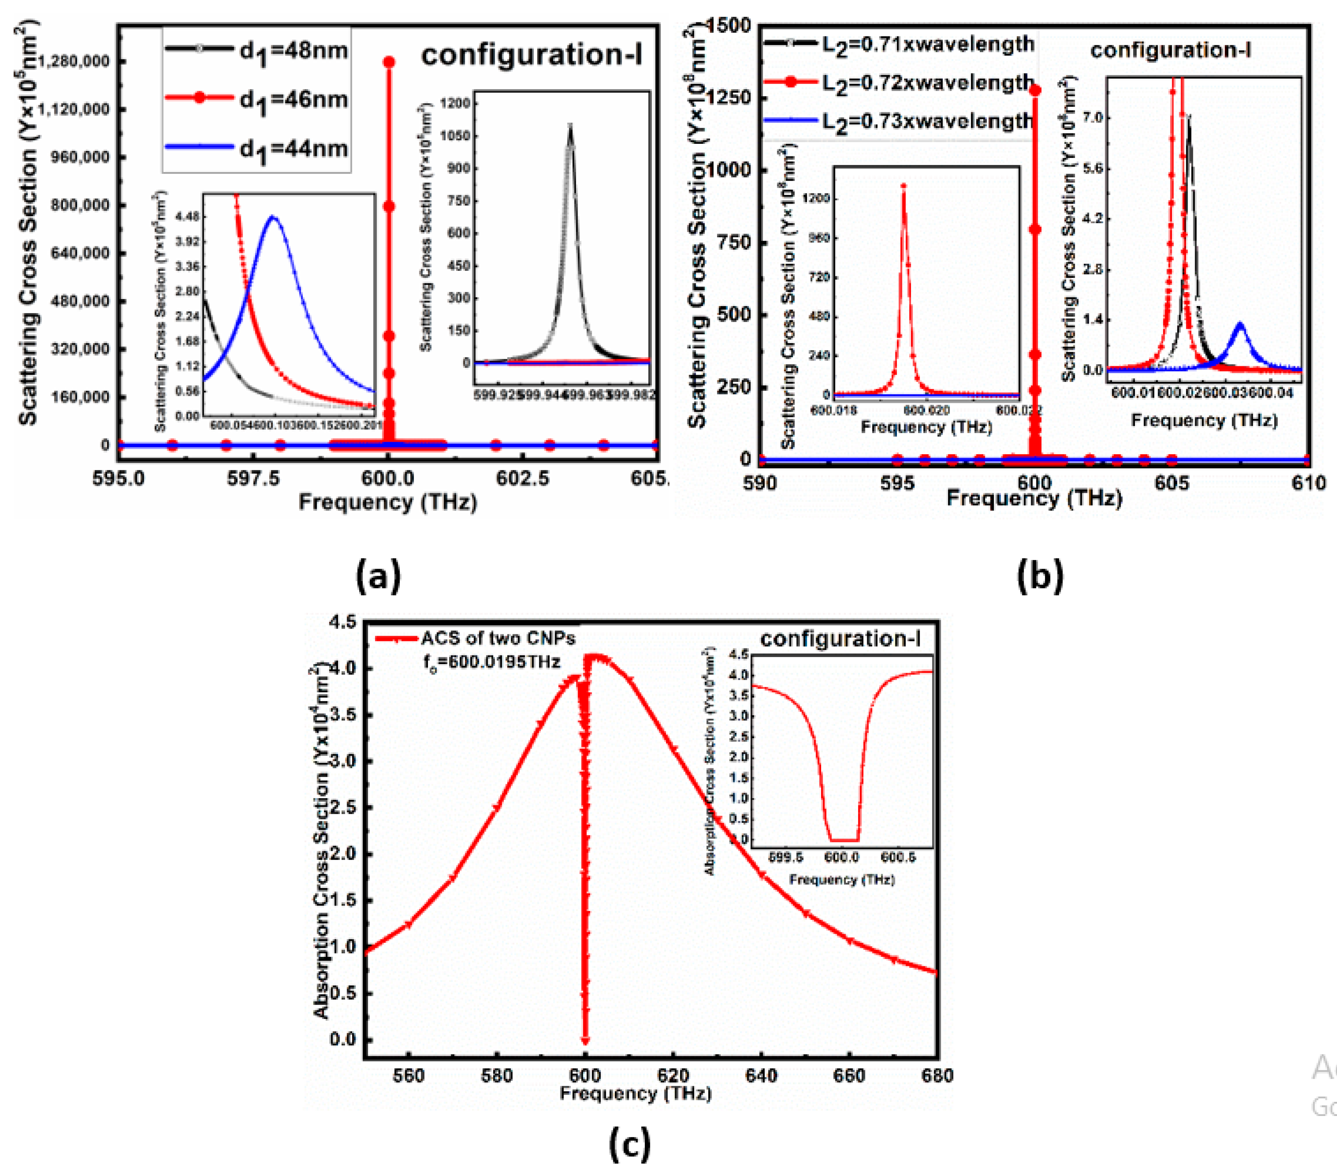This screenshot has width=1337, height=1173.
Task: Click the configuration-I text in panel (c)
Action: pos(840,639)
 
